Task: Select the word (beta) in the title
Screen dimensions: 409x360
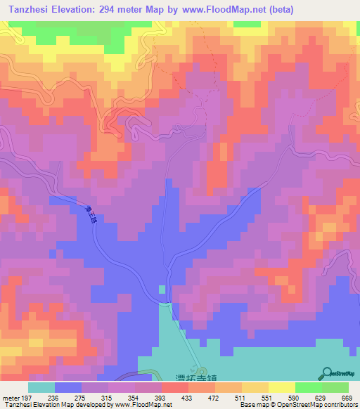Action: point(277,10)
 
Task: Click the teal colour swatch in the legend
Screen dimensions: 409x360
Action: point(41,387)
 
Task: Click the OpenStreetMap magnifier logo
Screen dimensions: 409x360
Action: point(328,372)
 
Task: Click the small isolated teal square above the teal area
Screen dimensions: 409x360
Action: point(162,289)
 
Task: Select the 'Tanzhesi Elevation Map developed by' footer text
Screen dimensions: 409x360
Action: point(42,405)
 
